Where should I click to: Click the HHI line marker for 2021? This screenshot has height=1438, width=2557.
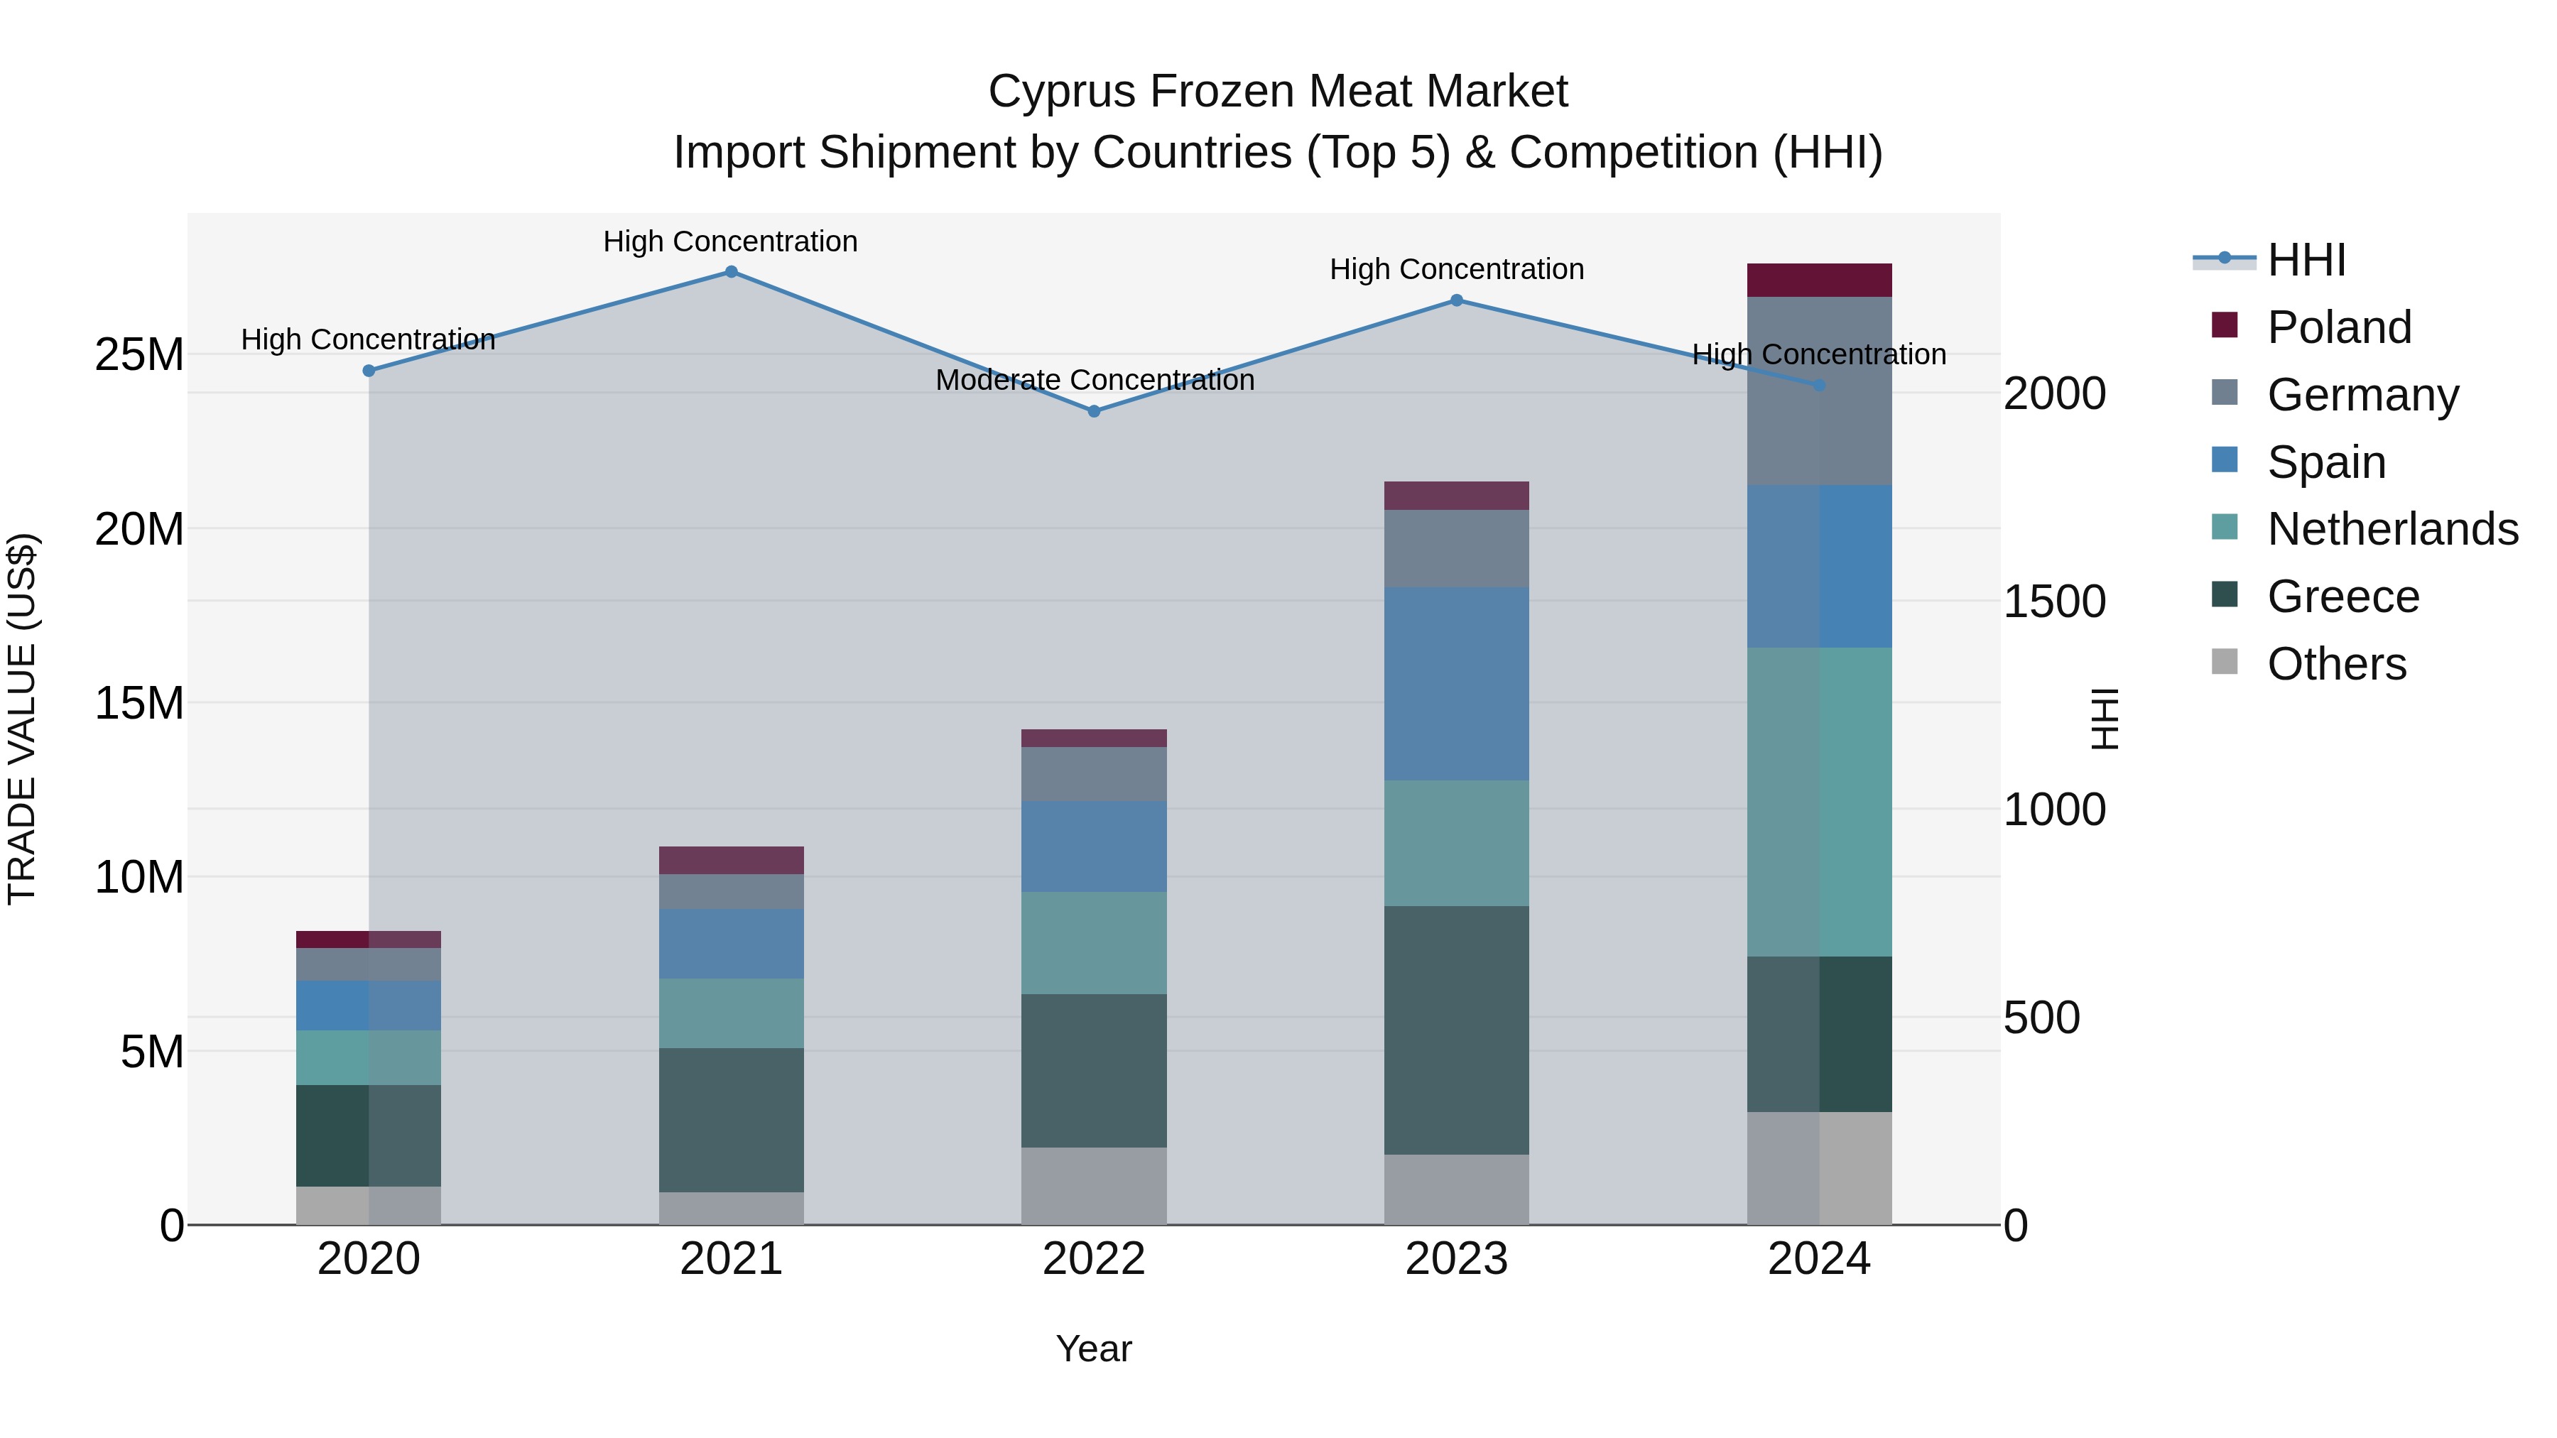(731, 272)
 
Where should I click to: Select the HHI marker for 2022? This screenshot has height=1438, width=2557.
(1094, 411)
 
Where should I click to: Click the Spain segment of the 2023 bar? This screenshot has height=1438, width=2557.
(1456, 684)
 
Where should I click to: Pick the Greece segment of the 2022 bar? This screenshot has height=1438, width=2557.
(1094, 1071)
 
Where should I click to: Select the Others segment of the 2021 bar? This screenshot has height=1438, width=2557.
(731, 1208)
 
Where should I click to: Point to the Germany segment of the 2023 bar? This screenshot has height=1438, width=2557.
(1456, 549)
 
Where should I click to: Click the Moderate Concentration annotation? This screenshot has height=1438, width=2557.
(1094, 380)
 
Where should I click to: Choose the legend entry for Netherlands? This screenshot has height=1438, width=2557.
(2392, 529)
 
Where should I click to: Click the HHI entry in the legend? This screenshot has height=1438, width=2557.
(2306, 260)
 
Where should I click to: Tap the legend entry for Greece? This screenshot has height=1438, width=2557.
(2342, 597)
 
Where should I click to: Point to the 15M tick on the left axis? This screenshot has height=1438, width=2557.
(139, 702)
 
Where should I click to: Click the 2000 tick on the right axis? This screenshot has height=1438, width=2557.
(2053, 394)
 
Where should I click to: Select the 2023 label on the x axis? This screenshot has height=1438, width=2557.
(1456, 1259)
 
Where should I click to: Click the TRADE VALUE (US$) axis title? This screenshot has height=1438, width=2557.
(23, 719)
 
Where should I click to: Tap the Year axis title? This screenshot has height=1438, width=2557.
(1094, 1349)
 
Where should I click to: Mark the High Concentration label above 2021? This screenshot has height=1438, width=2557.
(731, 241)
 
